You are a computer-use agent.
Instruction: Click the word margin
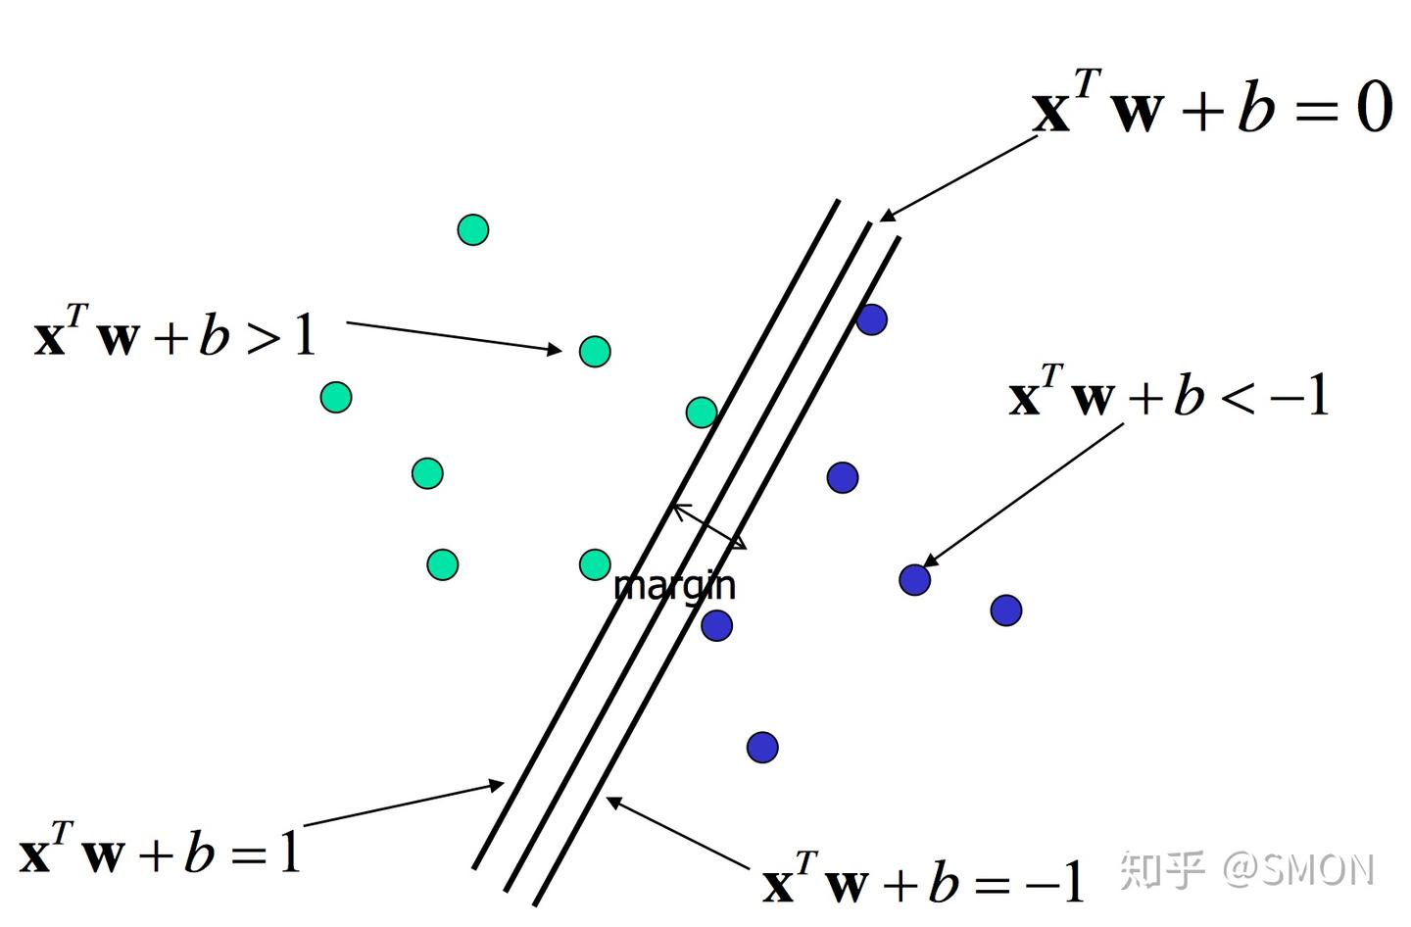point(674,585)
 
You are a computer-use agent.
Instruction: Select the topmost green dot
point(473,229)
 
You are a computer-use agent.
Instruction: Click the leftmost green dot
point(336,397)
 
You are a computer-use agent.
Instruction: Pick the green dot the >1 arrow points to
point(595,351)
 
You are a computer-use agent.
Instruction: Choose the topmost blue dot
point(871,319)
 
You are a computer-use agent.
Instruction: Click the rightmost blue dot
point(1006,610)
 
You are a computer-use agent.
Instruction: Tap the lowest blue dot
point(762,748)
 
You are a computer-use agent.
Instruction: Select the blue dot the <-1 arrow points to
point(914,579)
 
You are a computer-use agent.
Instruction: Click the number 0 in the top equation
point(1374,107)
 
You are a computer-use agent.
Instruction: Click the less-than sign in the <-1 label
point(1238,397)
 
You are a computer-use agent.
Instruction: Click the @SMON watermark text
point(1298,869)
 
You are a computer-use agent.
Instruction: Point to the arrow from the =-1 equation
point(676,834)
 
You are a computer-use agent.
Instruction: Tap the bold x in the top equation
point(1050,111)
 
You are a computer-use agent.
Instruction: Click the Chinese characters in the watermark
point(1162,869)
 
